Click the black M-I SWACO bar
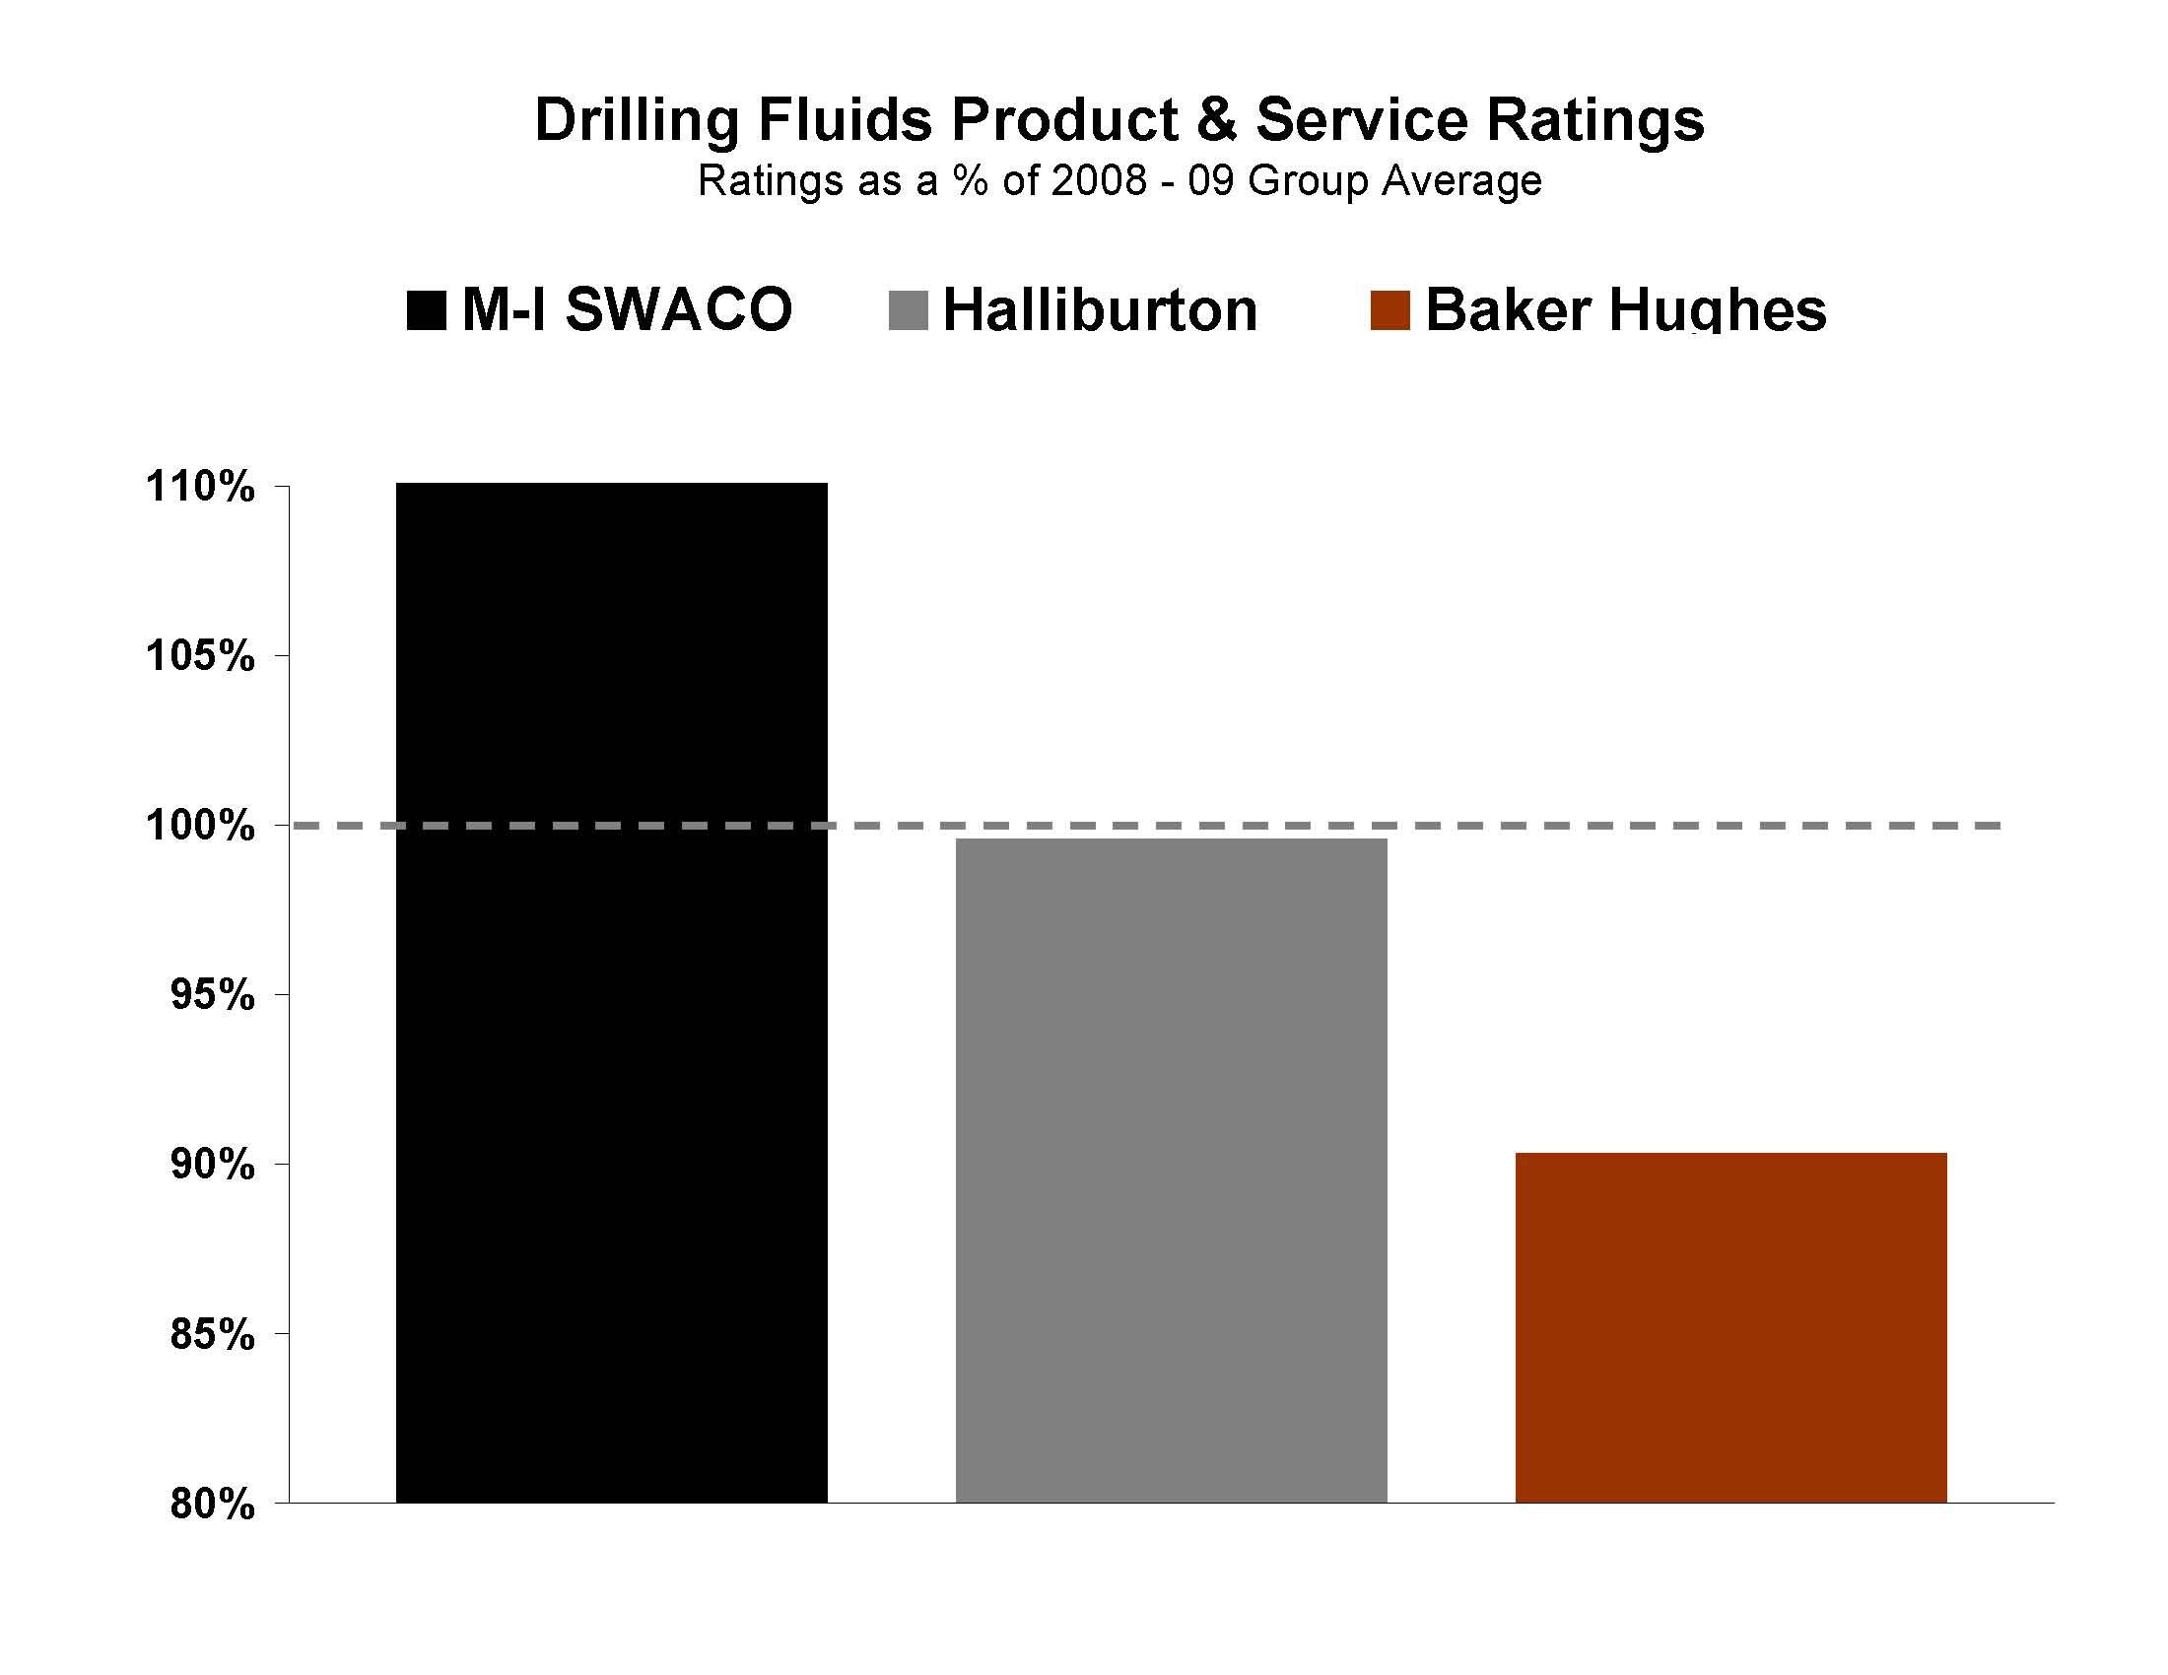(x=612, y=992)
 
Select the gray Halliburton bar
(x=1172, y=1171)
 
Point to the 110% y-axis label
(x=199, y=487)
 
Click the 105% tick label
(x=199, y=656)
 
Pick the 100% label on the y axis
(x=199, y=826)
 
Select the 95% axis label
(x=212, y=994)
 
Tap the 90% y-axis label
(x=212, y=1165)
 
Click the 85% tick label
(x=212, y=1335)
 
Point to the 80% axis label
(x=212, y=1505)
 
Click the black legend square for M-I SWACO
(x=426, y=310)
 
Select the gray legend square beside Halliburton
(x=908, y=310)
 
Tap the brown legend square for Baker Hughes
(x=1389, y=310)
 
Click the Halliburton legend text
(x=1100, y=310)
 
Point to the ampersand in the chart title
(x=1219, y=121)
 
